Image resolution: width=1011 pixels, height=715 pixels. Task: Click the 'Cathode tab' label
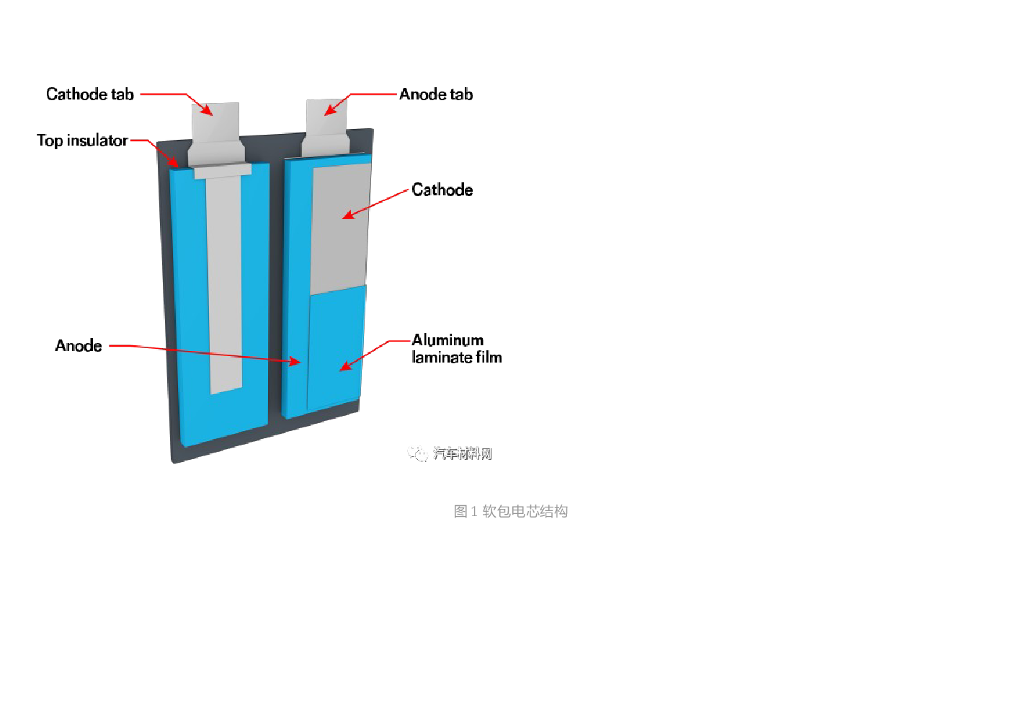coord(90,94)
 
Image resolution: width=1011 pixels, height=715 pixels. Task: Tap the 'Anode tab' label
coord(436,94)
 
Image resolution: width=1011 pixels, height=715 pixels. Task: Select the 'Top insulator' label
coord(82,141)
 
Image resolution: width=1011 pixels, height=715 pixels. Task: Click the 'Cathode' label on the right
coord(442,190)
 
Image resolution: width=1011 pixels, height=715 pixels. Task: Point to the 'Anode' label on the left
coord(79,346)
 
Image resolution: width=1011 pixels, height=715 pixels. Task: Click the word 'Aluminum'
coord(447,340)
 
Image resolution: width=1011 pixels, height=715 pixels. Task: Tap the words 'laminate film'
coord(457,357)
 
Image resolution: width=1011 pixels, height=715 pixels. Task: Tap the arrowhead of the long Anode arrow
coord(295,362)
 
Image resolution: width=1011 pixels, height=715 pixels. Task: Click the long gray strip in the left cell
coord(225,288)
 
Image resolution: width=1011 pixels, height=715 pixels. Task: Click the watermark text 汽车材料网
coord(462,453)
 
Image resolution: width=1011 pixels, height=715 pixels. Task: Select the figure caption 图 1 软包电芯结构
coord(510,511)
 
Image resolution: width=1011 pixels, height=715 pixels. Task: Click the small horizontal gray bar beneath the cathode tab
coord(223,171)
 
